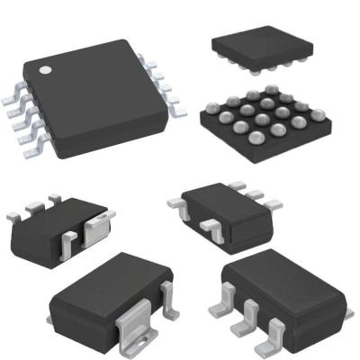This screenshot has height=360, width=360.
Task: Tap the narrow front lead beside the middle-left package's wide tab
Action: click(x=68, y=238)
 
